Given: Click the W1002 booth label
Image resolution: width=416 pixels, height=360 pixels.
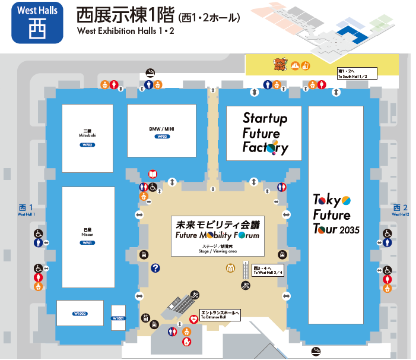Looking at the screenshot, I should click(x=80, y=313).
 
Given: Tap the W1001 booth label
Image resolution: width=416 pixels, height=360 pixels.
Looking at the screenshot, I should click(x=118, y=318).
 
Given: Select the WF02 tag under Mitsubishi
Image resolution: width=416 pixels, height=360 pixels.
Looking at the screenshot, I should click(x=88, y=145).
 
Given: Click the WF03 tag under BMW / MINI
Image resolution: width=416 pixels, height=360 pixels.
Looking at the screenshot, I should click(x=162, y=137).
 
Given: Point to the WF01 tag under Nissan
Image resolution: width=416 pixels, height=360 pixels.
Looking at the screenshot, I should click(x=88, y=243).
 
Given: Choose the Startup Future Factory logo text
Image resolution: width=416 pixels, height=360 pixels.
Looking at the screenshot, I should click(x=265, y=133).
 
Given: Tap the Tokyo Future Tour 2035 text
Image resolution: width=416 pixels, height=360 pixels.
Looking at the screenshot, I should click(x=335, y=214).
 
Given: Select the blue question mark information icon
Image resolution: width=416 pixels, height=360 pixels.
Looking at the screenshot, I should click(x=155, y=269).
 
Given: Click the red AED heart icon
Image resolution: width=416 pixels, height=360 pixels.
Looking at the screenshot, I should click(x=193, y=320).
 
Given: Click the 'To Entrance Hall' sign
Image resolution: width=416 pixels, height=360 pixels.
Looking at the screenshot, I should click(x=220, y=315).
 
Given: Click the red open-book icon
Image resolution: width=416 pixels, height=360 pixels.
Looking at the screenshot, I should click(x=153, y=174).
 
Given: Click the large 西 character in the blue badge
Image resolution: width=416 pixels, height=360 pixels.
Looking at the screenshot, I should click(x=37, y=29).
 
